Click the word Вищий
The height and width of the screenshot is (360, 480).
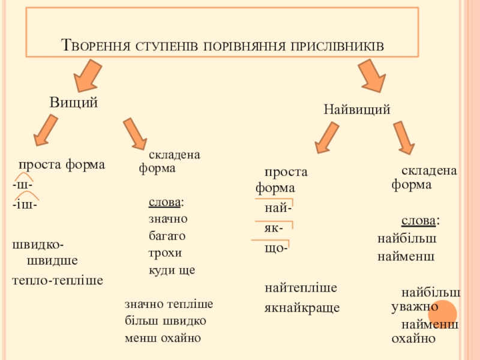coord(73,103)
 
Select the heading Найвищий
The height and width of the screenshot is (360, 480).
coord(357,110)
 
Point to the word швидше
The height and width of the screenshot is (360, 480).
coord(52,261)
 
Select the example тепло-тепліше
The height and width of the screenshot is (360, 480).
coord(58,280)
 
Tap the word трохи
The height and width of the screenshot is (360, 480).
coord(165,253)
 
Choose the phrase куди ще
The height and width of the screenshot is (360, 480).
coord(172,270)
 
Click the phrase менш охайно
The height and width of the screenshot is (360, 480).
coord(162,337)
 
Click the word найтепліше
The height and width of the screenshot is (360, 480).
coord(301,288)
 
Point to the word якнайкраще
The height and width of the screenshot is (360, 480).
coord(302,308)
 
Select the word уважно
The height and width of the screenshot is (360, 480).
coord(414,307)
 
